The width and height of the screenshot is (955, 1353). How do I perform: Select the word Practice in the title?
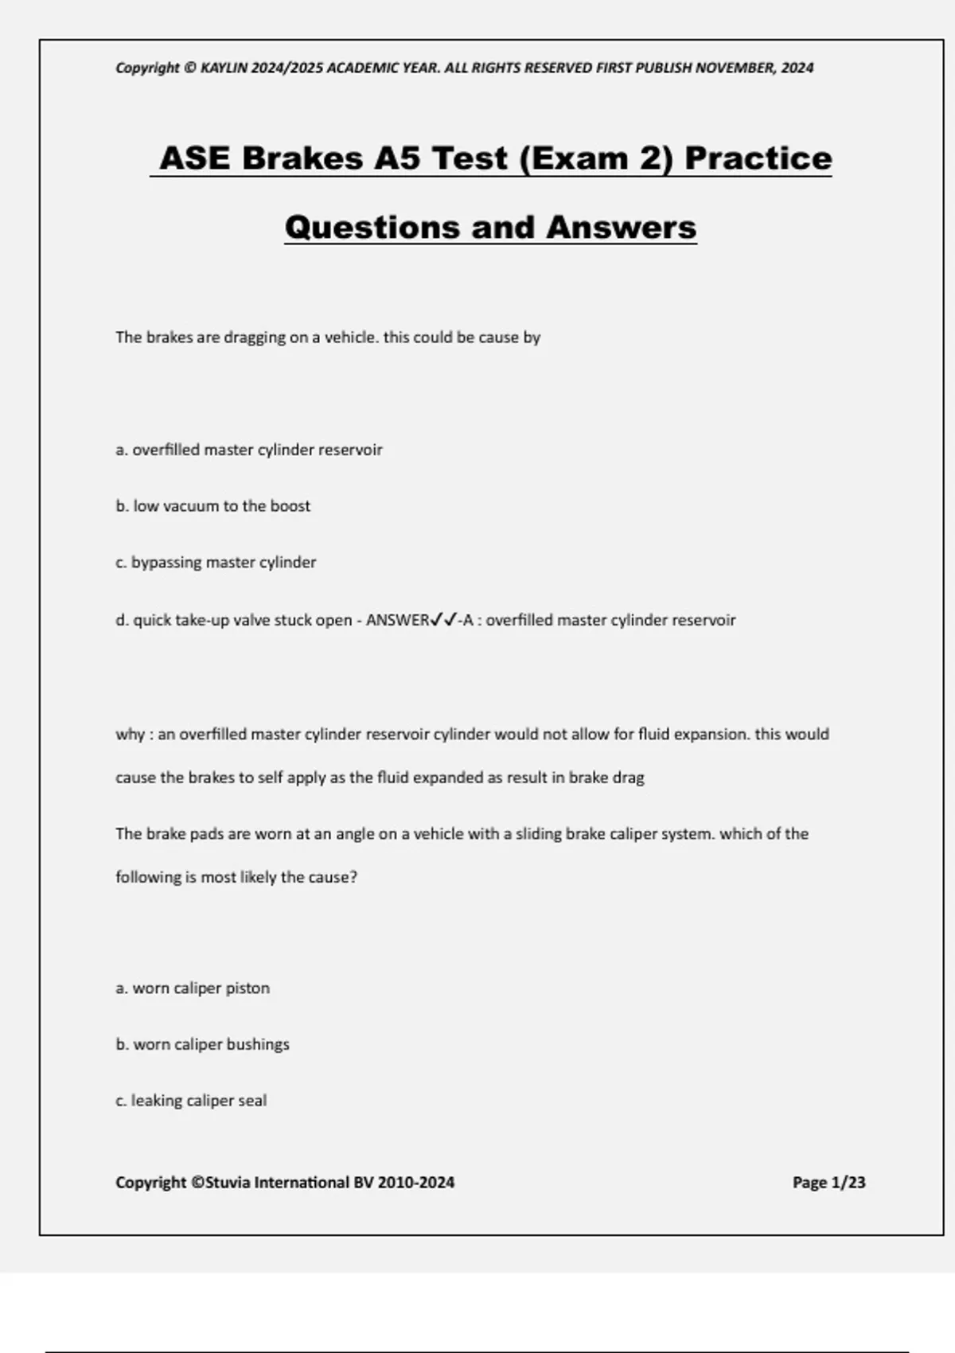click(x=758, y=158)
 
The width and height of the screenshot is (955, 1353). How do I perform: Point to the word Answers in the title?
click(x=621, y=228)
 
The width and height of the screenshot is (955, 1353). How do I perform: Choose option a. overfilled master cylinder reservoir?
click(x=249, y=450)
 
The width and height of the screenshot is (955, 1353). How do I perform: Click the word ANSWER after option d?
click(x=397, y=620)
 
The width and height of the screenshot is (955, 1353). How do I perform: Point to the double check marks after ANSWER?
click(x=443, y=619)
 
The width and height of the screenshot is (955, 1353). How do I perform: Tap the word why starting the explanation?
click(x=130, y=735)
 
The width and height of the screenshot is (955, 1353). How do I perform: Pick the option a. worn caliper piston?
click(x=193, y=988)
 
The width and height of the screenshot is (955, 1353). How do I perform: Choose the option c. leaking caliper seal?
click(x=191, y=1101)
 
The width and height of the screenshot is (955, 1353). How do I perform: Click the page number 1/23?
click(x=848, y=1183)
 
